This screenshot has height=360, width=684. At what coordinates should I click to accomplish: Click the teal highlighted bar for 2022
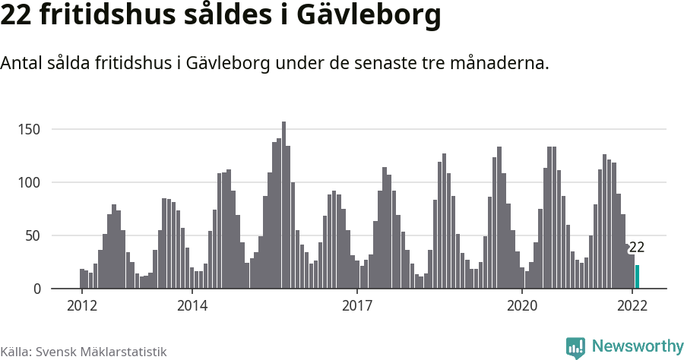coord(637,277)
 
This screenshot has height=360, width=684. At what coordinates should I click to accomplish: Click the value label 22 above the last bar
coord(637,248)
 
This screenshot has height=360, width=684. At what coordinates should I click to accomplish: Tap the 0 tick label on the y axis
coord(35,289)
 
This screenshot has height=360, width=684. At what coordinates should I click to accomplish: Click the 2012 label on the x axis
coord(81,305)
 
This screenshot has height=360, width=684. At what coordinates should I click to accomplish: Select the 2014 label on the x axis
coord(192,305)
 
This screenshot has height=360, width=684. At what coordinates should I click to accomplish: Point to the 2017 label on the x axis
coord(357,305)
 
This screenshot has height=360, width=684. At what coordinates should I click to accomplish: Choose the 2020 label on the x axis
coord(522,305)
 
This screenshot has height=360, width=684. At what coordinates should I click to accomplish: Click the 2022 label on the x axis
coord(632,305)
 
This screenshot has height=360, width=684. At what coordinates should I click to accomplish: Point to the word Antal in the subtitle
coord(23,63)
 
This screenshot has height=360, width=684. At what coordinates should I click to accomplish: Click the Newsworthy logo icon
coord(575,347)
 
